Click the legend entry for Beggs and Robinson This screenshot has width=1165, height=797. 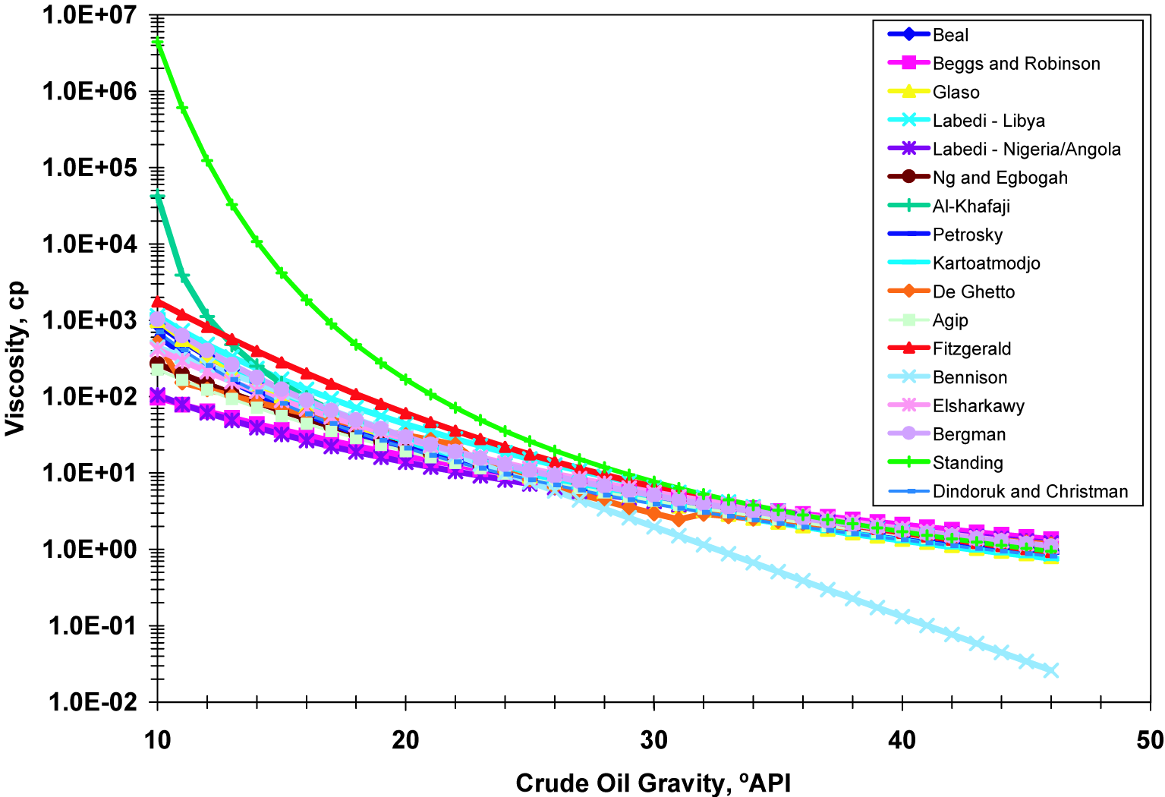[1015, 64]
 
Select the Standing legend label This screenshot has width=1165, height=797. [968, 463]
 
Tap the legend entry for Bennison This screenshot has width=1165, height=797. [969, 377]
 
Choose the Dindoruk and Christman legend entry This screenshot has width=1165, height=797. [1030, 492]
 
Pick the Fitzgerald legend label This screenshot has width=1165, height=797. [971, 349]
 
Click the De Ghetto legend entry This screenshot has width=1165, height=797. [973, 292]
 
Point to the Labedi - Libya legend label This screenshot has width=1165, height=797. [988, 121]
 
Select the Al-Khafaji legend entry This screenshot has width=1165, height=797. [971, 206]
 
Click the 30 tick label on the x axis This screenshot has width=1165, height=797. [653, 740]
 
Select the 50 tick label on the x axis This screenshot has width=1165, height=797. [1150, 740]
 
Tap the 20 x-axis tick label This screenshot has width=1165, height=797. [405, 740]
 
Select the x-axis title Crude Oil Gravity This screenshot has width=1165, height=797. [653, 783]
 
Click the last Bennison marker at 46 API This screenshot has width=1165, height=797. [1051, 670]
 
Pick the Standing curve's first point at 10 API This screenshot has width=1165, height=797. [158, 43]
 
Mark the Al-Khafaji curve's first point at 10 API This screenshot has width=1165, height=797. [158, 197]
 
